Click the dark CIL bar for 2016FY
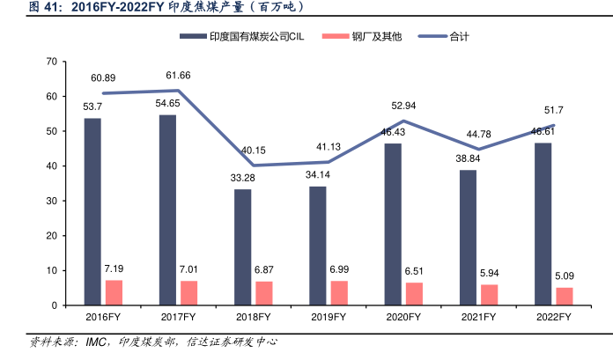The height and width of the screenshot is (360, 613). pyautogui.click(x=92, y=211)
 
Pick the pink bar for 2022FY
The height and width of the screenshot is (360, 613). pyautogui.click(x=565, y=297)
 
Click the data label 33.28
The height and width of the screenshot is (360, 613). pyautogui.click(x=242, y=179)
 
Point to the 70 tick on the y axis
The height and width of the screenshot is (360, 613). pyautogui.click(x=51, y=62)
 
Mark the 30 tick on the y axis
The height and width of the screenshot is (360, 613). pyautogui.click(x=51, y=201)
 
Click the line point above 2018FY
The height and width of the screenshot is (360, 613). pyautogui.click(x=254, y=165)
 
